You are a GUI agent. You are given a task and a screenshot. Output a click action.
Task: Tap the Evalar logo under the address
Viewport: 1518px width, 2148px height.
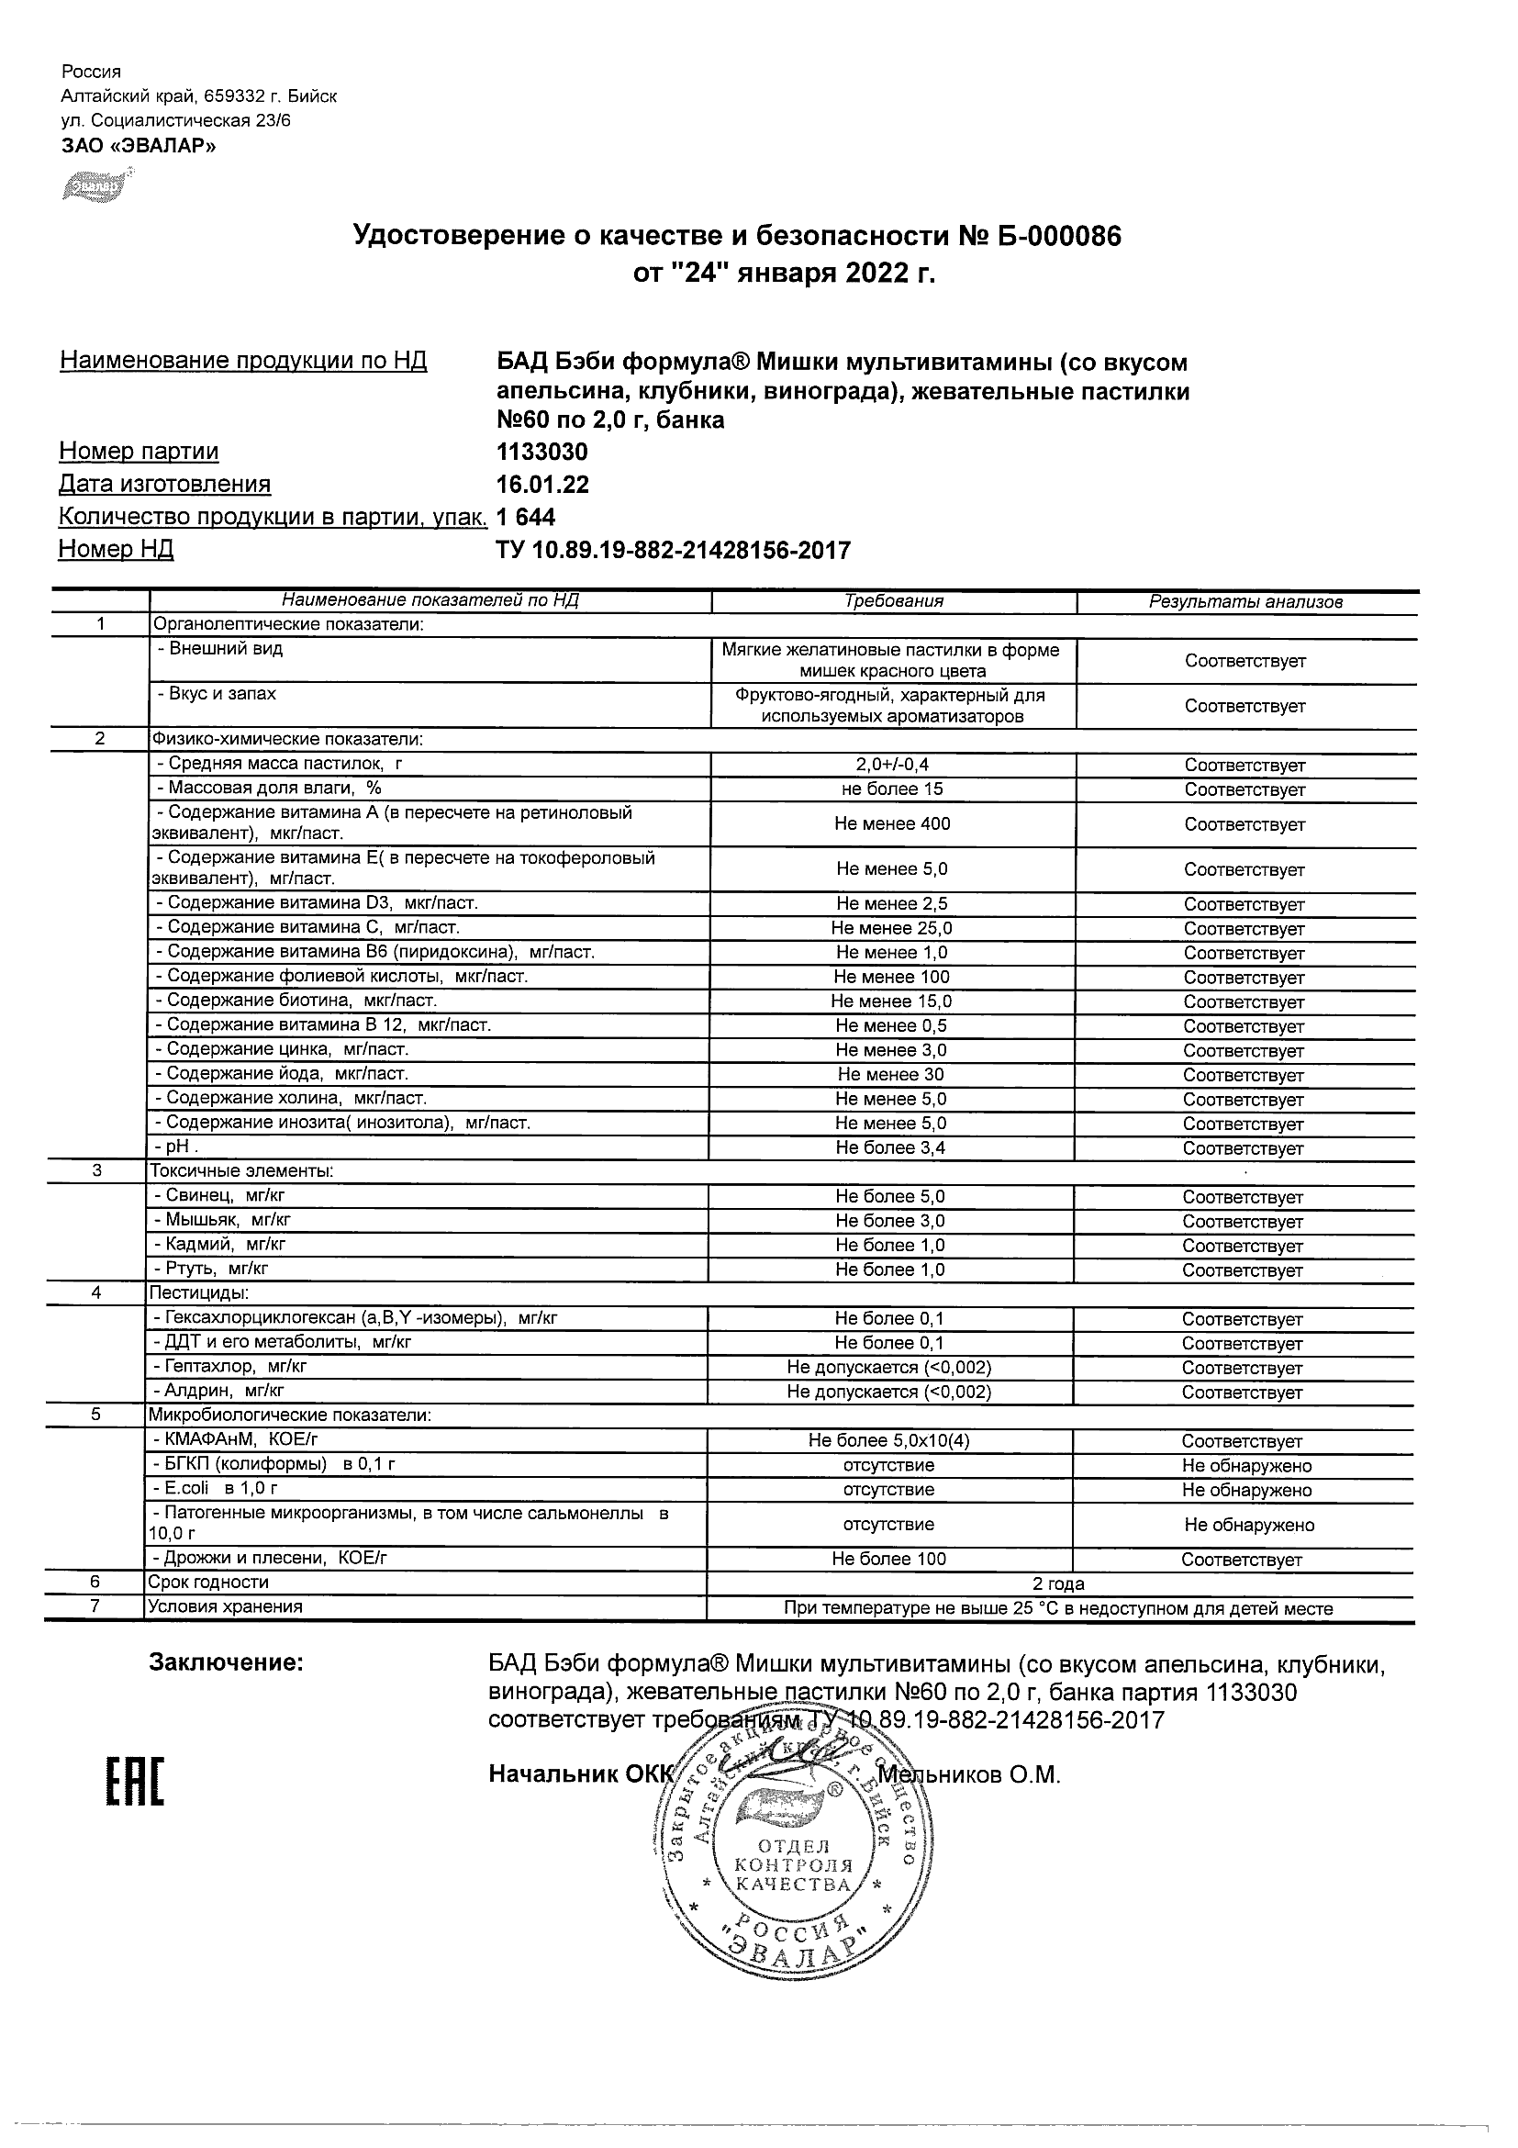click(93, 185)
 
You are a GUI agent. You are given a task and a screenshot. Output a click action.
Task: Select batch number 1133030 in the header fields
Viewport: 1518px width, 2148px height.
click(541, 452)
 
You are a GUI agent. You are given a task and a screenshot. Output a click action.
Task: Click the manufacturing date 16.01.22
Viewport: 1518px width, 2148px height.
click(542, 485)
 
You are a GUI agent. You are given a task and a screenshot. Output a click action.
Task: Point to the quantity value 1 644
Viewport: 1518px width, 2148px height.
click(526, 517)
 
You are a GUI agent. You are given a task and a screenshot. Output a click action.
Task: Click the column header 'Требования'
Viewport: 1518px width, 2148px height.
click(893, 601)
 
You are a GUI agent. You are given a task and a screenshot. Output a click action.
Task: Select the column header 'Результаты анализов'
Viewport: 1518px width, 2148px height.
click(1245, 602)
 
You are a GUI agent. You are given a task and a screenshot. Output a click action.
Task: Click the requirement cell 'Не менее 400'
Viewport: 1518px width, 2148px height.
click(892, 823)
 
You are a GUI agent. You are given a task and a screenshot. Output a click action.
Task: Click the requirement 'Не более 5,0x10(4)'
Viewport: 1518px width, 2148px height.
click(889, 1441)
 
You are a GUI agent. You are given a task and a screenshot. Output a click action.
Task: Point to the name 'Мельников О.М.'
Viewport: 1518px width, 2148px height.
click(970, 1774)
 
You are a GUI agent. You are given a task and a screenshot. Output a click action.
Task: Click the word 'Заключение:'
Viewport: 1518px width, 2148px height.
click(227, 1662)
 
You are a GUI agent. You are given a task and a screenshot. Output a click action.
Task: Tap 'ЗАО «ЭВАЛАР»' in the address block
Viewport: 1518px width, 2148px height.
click(139, 145)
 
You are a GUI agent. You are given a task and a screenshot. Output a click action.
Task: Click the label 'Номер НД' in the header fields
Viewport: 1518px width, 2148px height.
click(116, 549)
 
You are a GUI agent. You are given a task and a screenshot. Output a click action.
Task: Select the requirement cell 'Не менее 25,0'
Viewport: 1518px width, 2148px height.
click(891, 928)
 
